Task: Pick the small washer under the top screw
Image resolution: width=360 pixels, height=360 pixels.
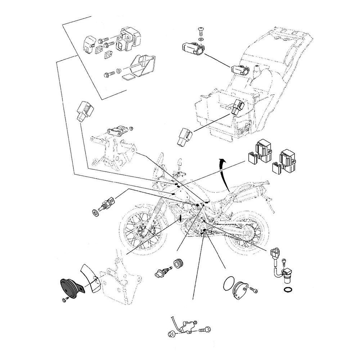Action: [x=201, y=39]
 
